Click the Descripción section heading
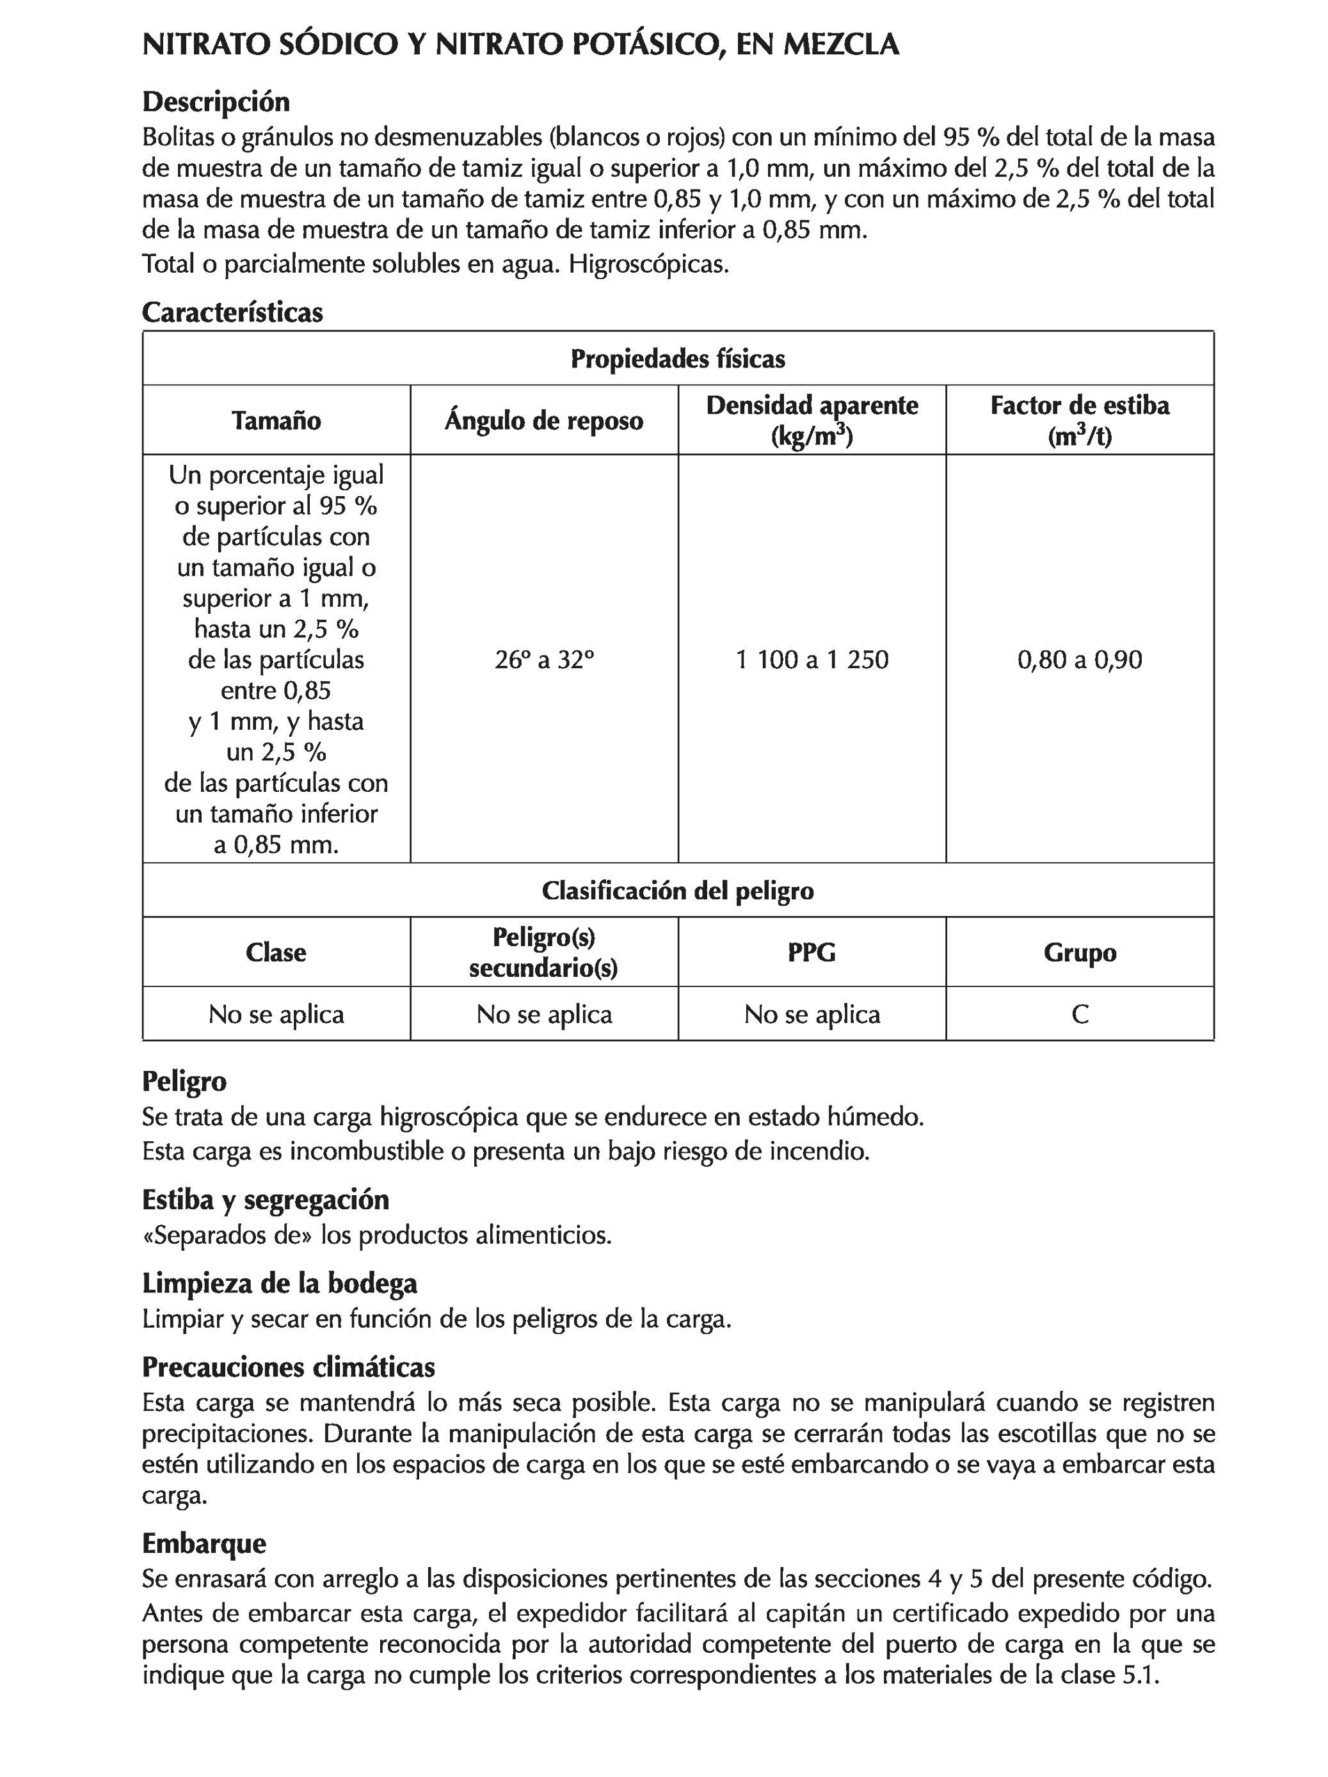215,102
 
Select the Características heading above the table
232,312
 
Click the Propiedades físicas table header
677,358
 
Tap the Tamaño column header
276,420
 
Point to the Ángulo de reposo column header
544,420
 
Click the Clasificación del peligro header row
677,890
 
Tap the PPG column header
812,952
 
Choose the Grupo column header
1079,952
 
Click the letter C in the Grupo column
1079,1014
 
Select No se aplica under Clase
276,1014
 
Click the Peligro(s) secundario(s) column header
544,952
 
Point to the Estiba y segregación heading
265,1200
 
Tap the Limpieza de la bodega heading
280,1283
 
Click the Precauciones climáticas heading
289,1367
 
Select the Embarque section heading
204,1543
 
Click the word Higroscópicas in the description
648,264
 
